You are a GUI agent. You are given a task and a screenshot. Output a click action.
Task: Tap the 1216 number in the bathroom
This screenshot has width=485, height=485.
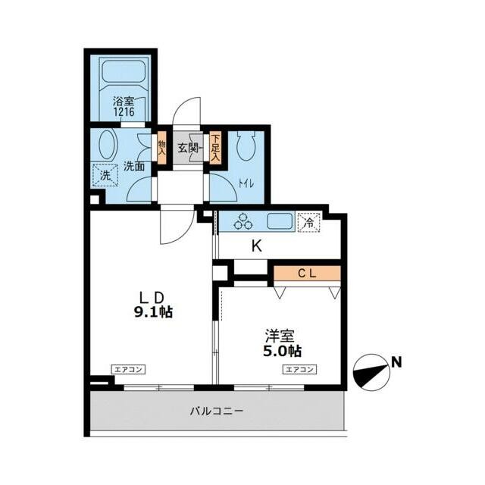(124, 111)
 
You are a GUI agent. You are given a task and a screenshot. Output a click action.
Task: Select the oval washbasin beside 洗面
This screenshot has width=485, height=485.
(107, 145)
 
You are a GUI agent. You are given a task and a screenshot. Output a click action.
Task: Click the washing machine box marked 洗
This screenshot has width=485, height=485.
(105, 175)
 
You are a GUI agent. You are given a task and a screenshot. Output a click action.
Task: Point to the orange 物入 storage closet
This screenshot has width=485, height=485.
(161, 148)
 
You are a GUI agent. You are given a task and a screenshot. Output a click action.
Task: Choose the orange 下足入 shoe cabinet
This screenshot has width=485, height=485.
(215, 148)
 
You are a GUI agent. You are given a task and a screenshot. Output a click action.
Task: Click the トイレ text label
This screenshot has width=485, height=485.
(246, 184)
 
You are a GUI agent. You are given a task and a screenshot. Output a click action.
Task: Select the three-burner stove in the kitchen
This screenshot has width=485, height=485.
(243, 221)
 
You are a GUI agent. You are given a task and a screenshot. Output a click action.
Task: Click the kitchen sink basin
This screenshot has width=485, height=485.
(280, 221)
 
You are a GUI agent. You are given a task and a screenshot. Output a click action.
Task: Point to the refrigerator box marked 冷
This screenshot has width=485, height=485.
(308, 222)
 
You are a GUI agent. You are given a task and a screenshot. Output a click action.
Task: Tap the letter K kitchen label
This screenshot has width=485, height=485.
(256, 246)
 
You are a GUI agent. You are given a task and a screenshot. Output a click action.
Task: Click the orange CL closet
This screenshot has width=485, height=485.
(307, 274)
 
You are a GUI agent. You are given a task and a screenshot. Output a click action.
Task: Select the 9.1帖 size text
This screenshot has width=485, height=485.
(153, 312)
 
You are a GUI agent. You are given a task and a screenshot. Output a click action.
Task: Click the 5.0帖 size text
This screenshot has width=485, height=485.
(283, 351)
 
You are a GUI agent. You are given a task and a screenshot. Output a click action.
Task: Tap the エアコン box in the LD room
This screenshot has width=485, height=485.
(128, 369)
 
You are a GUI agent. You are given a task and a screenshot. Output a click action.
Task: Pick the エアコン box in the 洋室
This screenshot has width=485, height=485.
(300, 369)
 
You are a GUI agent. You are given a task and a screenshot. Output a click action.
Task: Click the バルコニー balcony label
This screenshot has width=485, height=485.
(217, 411)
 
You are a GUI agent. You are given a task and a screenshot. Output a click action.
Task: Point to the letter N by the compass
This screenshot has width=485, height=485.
(396, 362)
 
